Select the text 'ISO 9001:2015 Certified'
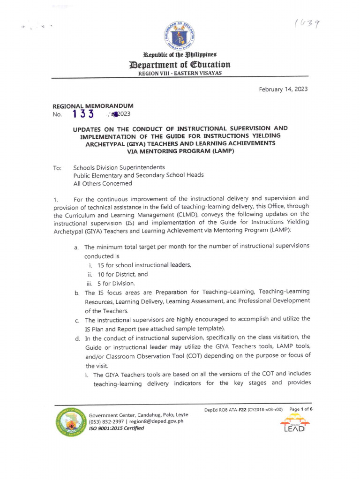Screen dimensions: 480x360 (117, 428)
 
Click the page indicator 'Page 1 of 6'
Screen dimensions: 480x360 (301, 409)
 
